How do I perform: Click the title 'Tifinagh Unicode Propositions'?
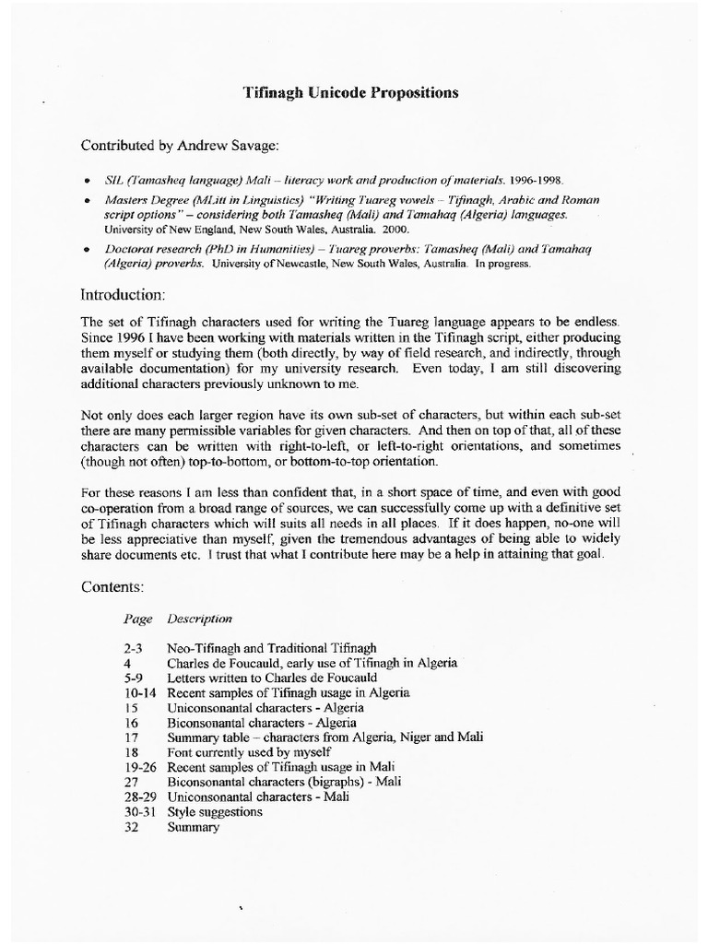349,93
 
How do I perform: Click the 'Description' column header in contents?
200,618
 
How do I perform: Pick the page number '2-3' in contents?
134,648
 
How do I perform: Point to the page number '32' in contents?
131,827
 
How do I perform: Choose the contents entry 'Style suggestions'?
215,812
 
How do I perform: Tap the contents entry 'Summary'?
194,827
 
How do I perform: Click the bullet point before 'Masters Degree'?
86,200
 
